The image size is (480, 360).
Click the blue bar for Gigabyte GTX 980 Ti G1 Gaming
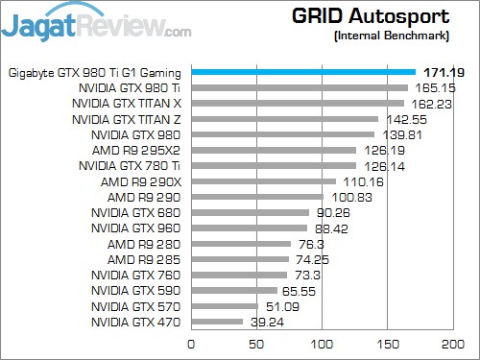[303, 72]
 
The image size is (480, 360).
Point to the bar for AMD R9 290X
[263, 181]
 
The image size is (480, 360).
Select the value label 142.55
[401, 119]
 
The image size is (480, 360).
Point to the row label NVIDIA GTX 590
[135, 290]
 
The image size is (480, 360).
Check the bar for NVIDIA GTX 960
[249, 228]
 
